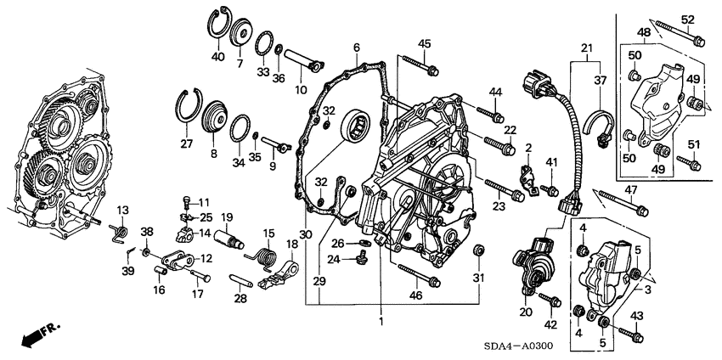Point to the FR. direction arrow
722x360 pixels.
(33, 334)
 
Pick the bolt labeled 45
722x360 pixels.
(418, 62)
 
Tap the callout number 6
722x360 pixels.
(358, 47)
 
